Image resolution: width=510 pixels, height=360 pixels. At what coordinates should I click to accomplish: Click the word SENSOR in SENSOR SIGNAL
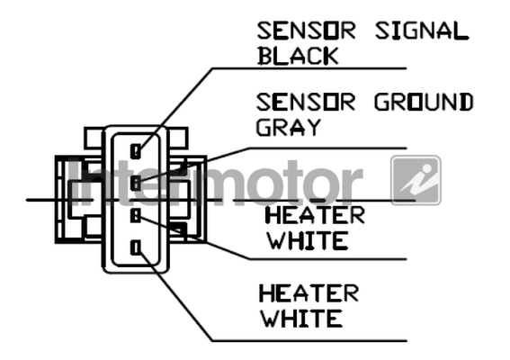click(x=306, y=31)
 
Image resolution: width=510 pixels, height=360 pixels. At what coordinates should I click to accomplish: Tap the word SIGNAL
click(x=422, y=31)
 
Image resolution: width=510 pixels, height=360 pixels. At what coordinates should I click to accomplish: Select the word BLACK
click(x=298, y=56)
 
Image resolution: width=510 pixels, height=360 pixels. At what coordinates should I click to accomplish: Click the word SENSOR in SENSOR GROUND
click(x=306, y=103)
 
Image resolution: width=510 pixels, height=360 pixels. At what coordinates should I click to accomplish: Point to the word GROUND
click(x=424, y=103)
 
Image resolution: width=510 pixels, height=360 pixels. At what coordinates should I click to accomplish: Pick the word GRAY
click(x=289, y=127)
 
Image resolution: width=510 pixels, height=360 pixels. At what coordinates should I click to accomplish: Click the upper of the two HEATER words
click(x=315, y=215)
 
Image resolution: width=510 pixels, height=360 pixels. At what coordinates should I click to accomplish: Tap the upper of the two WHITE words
click(x=307, y=240)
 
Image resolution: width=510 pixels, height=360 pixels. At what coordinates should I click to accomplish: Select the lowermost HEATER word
click(x=309, y=292)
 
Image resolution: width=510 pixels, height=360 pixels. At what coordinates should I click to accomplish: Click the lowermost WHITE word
click(x=301, y=318)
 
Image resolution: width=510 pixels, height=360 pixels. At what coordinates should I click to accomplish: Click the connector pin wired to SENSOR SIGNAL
click(x=136, y=151)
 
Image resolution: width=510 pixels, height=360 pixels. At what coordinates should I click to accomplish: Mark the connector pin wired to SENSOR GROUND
click(x=136, y=184)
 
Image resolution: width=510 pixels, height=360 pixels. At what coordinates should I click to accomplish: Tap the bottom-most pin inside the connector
click(x=136, y=247)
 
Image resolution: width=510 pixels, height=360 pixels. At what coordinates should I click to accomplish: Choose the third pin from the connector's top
click(x=136, y=215)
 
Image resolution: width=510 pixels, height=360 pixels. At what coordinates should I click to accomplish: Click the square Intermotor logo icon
click(x=416, y=180)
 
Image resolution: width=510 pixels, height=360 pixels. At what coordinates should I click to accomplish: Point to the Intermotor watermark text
click(x=215, y=183)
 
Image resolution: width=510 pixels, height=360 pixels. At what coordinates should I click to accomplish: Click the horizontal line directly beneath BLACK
click(x=309, y=68)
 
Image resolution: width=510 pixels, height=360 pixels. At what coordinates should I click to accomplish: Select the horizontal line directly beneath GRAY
click(x=327, y=148)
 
